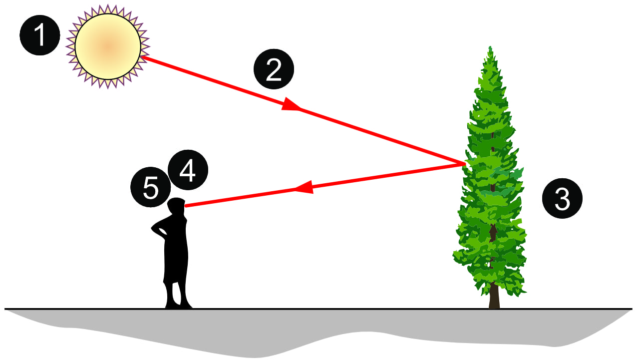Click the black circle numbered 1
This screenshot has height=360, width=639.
point(39,35)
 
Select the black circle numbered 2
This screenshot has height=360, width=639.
point(274,69)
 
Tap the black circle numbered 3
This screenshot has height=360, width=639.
point(562,199)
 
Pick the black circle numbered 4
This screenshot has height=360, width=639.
point(188,170)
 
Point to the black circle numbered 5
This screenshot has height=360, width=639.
point(151,187)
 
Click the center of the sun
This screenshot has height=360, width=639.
point(108,46)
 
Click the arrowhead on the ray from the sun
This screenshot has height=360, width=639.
point(291,105)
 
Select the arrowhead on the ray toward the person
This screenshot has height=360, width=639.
point(304,187)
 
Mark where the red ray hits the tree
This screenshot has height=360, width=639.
point(464,164)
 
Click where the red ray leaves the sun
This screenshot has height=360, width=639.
point(142,57)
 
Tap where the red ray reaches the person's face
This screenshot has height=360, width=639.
point(185,206)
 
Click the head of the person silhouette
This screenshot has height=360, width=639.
point(176,206)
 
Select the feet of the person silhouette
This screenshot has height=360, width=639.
point(179,305)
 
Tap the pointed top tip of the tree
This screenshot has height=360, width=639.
point(490,47)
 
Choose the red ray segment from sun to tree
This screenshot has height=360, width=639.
point(303,110)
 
